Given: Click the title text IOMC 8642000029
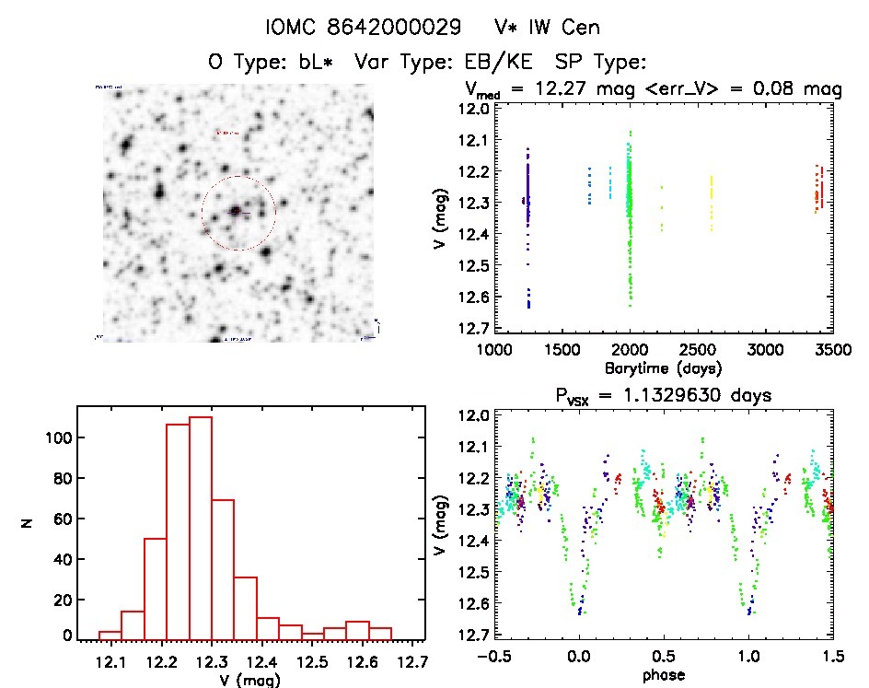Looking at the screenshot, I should pyautogui.click(x=363, y=28).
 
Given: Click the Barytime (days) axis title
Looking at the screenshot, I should pyautogui.click(x=655, y=367).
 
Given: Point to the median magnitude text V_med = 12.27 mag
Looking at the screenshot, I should pyautogui.click(x=551, y=90).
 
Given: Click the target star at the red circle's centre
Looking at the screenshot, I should pyautogui.click(x=237, y=212).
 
